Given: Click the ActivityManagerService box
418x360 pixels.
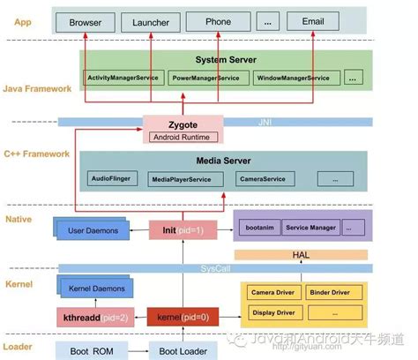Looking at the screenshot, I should tap(123, 79).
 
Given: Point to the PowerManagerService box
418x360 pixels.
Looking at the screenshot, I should tap(206, 79).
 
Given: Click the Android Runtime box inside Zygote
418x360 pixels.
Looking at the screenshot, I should tap(183, 137).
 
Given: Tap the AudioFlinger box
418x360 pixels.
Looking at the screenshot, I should tap(110, 177).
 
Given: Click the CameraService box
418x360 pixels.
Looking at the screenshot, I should tap(263, 178).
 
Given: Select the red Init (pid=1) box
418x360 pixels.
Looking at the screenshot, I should tap(183, 229).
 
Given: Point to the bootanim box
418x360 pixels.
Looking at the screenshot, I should tap(257, 228).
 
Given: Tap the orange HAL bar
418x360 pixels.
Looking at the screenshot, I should tap(300, 253).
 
